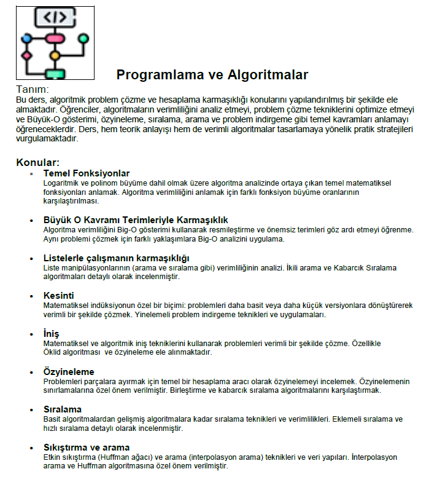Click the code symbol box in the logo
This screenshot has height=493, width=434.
pyautogui.click(x=54, y=17)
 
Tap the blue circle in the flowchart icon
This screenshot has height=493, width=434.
pyautogui.click(x=26, y=39)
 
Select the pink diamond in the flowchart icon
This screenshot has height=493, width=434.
pyautogui.click(x=26, y=56)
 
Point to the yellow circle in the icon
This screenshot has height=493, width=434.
pyautogui.click(x=55, y=56)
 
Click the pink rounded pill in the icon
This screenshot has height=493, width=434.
pyautogui.click(x=55, y=39)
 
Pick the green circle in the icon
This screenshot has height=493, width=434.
pyautogui.click(x=83, y=39)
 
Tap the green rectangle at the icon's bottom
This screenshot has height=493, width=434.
pyautogui.click(x=55, y=74)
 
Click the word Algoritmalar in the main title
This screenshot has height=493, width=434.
pyautogui.click(x=268, y=75)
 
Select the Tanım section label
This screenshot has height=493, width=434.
pyautogui.click(x=31, y=90)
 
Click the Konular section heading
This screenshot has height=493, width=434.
pyautogui.click(x=37, y=163)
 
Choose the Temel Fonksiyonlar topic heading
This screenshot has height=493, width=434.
pyautogui.click(x=86, y=173)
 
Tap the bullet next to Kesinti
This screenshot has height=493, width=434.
pyautogui.click(x=31, y=296)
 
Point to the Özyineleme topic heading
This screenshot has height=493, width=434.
pyautogui.click(x=69, y=372)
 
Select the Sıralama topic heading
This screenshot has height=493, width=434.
pyautogui.click(x=63, y=409)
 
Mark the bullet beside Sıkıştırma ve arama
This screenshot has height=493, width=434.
pyautogui.click(x=31, y=448)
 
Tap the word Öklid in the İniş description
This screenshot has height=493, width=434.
pyautogui.click(x=53, y=352)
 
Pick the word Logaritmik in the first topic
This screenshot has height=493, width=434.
pyautogui.click(x=61, y=183)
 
